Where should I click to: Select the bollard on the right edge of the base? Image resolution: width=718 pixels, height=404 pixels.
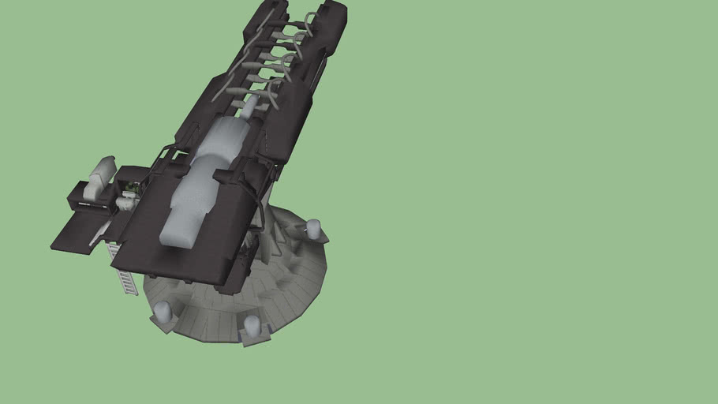click(x=314, y=229)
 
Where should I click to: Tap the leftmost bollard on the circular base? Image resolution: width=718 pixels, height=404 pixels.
click(x=163, y=312)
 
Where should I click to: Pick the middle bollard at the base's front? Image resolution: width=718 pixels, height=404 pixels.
click(x=252, y=324)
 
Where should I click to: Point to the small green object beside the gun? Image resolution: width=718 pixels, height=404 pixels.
click(x=134, y=188)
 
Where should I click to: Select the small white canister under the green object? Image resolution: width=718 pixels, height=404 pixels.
click(x=125, y=203)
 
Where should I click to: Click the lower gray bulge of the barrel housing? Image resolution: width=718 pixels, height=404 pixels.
click(x=189, y=209)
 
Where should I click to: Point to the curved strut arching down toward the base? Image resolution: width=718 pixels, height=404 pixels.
click(x=258, y=201)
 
